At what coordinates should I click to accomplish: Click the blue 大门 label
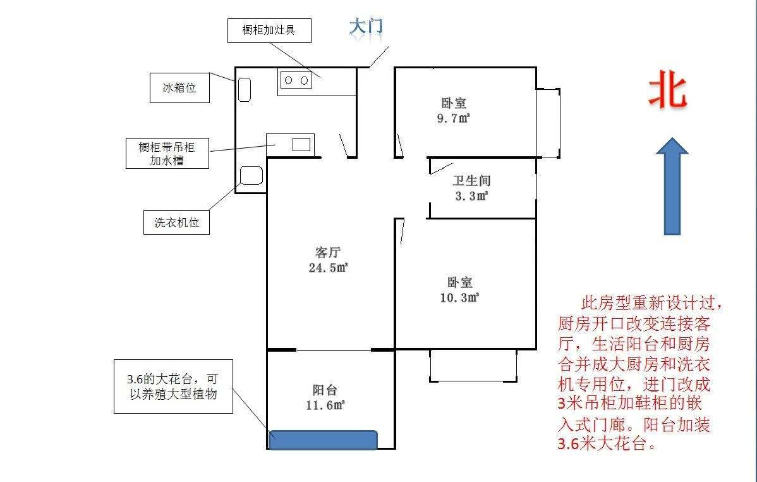pyautogui.click(x=366, y=27)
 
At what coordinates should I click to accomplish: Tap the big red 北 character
pyautogui.click(x=667, y=89)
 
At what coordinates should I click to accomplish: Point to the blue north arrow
pyautogui.click(x=672, y=187)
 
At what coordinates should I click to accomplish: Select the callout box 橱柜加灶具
pyautogui.click(x=269, y=30)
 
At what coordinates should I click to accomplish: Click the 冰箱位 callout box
pyautogui.click(x=179, y=88)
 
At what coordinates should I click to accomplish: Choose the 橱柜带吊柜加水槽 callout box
pyautogui.click(x=167, y=154)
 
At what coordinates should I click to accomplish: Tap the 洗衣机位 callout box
pyautogui.click(x=176, y=223)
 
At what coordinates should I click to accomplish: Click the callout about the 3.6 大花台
pyautogui.click(x=173, y=386)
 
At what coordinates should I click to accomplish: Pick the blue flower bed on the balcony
pyautogui.click(x=324, y=440)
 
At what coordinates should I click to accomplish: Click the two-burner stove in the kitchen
pyautogui.click(x=296, y=80)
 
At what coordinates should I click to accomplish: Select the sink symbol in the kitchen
pyautogui.click(x=301, y=144)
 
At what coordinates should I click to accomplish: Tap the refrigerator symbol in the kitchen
pyautogui.click(x=245, y=90)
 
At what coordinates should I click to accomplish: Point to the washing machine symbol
pyautogui.click(x=251, y=176)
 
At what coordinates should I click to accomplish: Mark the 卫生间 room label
pyautogui.click(x=471, y=181)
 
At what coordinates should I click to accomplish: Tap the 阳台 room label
pyautogui.click(x=325, y=390)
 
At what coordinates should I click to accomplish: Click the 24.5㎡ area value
pyautogui.click(x=328, y=268)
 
